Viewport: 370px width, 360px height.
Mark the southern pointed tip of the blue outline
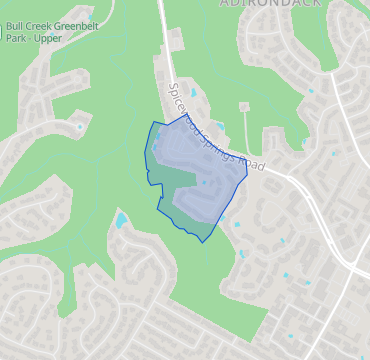[x=203, y=241]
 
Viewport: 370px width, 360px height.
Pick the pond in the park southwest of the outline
[x=121, y=219]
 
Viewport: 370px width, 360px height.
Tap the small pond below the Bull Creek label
[x=80, y=126]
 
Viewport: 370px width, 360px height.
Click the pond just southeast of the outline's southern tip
[x=241, y=253]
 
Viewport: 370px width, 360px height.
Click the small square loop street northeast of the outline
[x=243, y=106]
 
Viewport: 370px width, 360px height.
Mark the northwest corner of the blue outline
[x=152, y=124]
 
